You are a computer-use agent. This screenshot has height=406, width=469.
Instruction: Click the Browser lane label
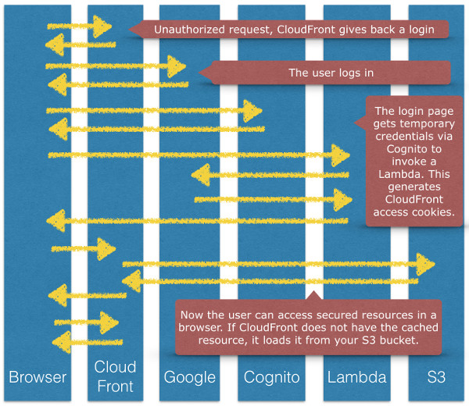point(37,377)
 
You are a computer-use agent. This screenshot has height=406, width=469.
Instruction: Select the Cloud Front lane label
point(115,376)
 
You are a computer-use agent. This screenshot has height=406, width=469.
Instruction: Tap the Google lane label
point(189,377)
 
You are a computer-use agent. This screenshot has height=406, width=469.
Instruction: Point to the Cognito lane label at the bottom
point(271,377)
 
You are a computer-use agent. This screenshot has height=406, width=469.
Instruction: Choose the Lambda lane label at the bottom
point(356,377)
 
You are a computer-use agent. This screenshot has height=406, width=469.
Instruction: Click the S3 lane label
point(436,377)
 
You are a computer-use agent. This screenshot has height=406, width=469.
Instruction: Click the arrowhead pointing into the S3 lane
point(426,262)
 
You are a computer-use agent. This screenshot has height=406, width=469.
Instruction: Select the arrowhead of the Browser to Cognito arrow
point(252,111)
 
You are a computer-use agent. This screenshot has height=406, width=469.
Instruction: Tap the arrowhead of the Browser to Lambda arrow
point(341,155)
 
